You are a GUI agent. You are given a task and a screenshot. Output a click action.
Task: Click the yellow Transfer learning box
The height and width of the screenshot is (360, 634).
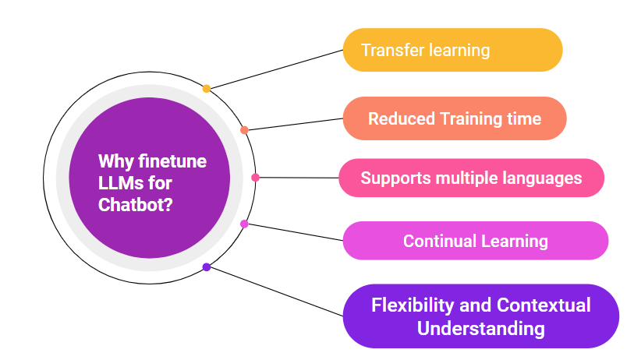click(452, 50)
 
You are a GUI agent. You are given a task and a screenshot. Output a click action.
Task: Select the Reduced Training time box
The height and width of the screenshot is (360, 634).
click(455, 118)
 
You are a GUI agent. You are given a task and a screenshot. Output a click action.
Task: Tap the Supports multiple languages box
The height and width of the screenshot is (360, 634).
click(471, 178)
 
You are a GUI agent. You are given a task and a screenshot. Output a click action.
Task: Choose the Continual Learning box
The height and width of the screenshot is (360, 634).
click(475, 241)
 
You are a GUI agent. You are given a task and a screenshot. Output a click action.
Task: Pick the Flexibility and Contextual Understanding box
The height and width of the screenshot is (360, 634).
click(480, 316)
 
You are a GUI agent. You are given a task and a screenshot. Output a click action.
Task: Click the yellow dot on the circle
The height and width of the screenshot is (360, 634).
click(207, 89)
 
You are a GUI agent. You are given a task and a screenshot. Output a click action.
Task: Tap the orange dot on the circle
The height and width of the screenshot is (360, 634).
click(244, 130)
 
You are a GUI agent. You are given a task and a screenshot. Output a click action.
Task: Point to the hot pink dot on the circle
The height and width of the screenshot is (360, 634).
click(255, 178)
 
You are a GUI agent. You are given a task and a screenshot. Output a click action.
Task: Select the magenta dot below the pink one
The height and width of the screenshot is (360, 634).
click(244, 224)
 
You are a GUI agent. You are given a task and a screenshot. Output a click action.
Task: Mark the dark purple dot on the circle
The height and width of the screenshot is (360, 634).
click(207, 267)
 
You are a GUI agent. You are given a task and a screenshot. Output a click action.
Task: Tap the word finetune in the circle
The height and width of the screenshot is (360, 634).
click(172, 161)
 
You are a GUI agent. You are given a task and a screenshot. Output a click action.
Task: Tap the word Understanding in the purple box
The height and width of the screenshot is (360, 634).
click(480, 328)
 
